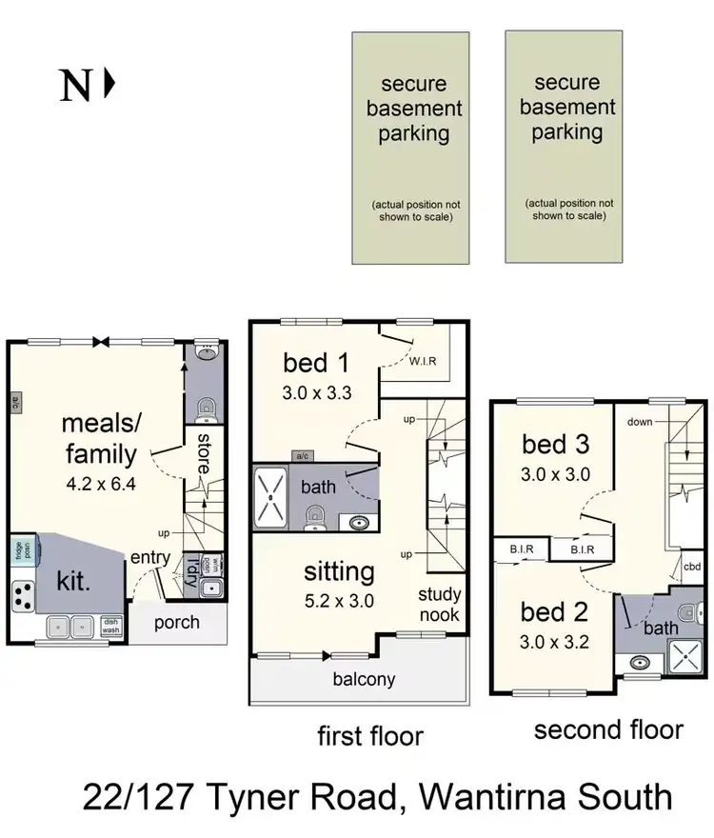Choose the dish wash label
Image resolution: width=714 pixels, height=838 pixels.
[x=110, y=627]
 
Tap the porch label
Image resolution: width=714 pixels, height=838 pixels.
[x=177, y=623]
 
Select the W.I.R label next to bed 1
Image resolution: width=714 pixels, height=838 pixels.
[x=422, y=361]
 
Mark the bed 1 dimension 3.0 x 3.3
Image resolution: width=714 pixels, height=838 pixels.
[x=318, y=391]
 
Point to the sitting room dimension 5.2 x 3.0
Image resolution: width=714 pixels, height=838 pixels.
[x=339, y=601]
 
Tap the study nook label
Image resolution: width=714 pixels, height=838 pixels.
[x=439, y=606]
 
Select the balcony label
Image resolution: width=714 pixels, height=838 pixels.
[x=364, y=680]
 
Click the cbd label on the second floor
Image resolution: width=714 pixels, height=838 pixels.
[x=692, y=566]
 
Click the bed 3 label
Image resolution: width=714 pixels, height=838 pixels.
[x=556, y=444]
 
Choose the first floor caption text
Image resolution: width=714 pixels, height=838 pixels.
[x=369, y=735]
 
